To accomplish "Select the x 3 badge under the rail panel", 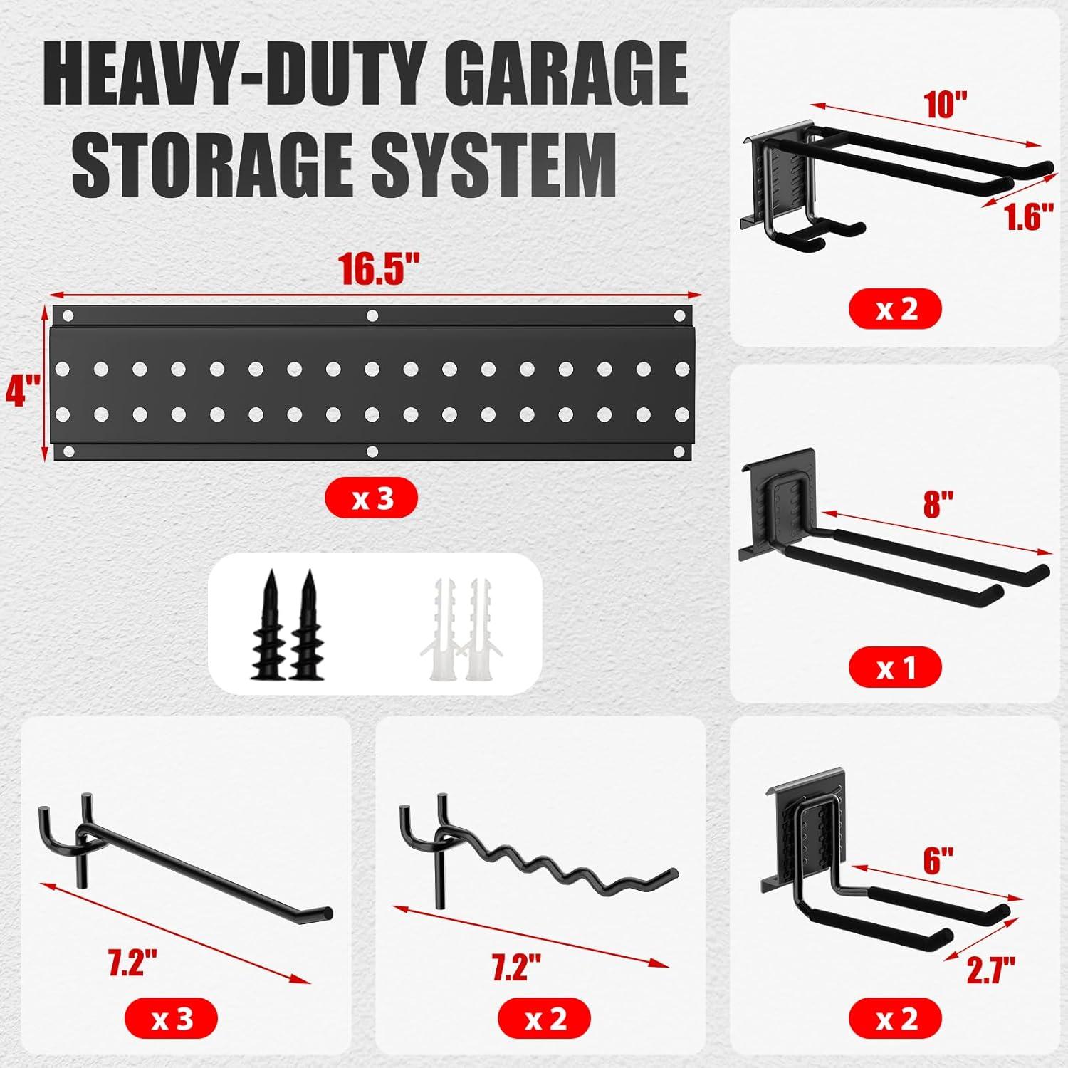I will point(371,499).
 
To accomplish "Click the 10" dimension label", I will point(946,105).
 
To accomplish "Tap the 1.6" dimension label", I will point(1028,216).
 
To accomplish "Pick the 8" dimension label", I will point(938,504).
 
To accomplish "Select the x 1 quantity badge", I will point(895,669).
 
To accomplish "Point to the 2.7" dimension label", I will point(990,969).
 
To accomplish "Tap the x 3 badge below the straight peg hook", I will point(172,1019).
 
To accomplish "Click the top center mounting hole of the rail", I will point(371,315).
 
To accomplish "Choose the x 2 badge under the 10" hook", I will point(895,310).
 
